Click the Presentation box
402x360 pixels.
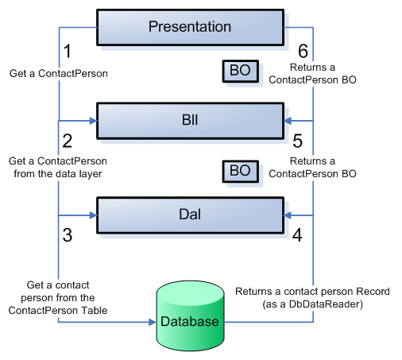(190, 27)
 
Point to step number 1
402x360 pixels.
(67, 51)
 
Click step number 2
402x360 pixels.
(67, 142)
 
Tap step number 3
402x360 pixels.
(67, 235)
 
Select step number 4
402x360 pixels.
(296, 235)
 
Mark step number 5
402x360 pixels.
(298, 142)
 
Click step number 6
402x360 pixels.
(298, 51)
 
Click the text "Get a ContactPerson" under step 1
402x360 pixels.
(58, 73)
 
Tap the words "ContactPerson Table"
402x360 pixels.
(58, 310)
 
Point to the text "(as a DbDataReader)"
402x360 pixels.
(312, 304)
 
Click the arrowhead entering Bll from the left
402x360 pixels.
(92, 121)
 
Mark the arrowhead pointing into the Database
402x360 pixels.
(152, 323)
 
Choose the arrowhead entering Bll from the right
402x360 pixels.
(288, 121)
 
